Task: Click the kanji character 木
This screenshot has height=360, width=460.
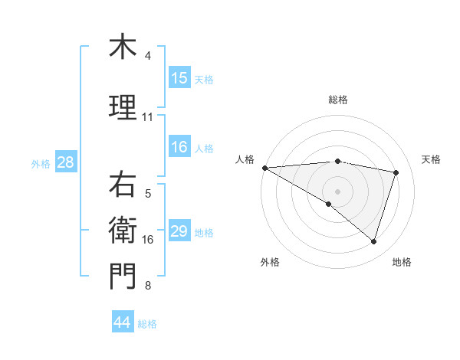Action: (x=123, y=47)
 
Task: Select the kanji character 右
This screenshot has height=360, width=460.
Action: (x=123, y=184)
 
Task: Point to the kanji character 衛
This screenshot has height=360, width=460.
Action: (x=123, y=230)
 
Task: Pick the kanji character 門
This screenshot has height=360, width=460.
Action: (x=123, y=276)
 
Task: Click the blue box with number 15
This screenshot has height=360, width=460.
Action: (x=179, y=78)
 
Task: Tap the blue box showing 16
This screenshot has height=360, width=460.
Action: (x=179, y=148)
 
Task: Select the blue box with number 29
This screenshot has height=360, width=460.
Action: (x=179, y=231)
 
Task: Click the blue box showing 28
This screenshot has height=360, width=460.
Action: (x=65, y=162)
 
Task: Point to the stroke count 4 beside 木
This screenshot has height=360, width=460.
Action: (x=148, y=56)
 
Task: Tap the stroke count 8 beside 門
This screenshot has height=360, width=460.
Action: (x=148, y=286)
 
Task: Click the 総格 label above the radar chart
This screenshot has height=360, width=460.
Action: (x=337, y=100)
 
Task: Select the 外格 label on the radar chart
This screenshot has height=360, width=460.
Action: (x=270, y=262)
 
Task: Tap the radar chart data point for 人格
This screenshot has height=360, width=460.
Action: (x=264, y=168)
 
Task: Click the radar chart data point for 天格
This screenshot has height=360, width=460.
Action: (x=396, y=172)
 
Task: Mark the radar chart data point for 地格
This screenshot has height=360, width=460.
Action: (x=373, y=241)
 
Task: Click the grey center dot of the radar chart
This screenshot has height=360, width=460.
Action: (x=337, y=190)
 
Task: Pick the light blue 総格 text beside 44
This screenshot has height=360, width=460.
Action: (x=147, y=324)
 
